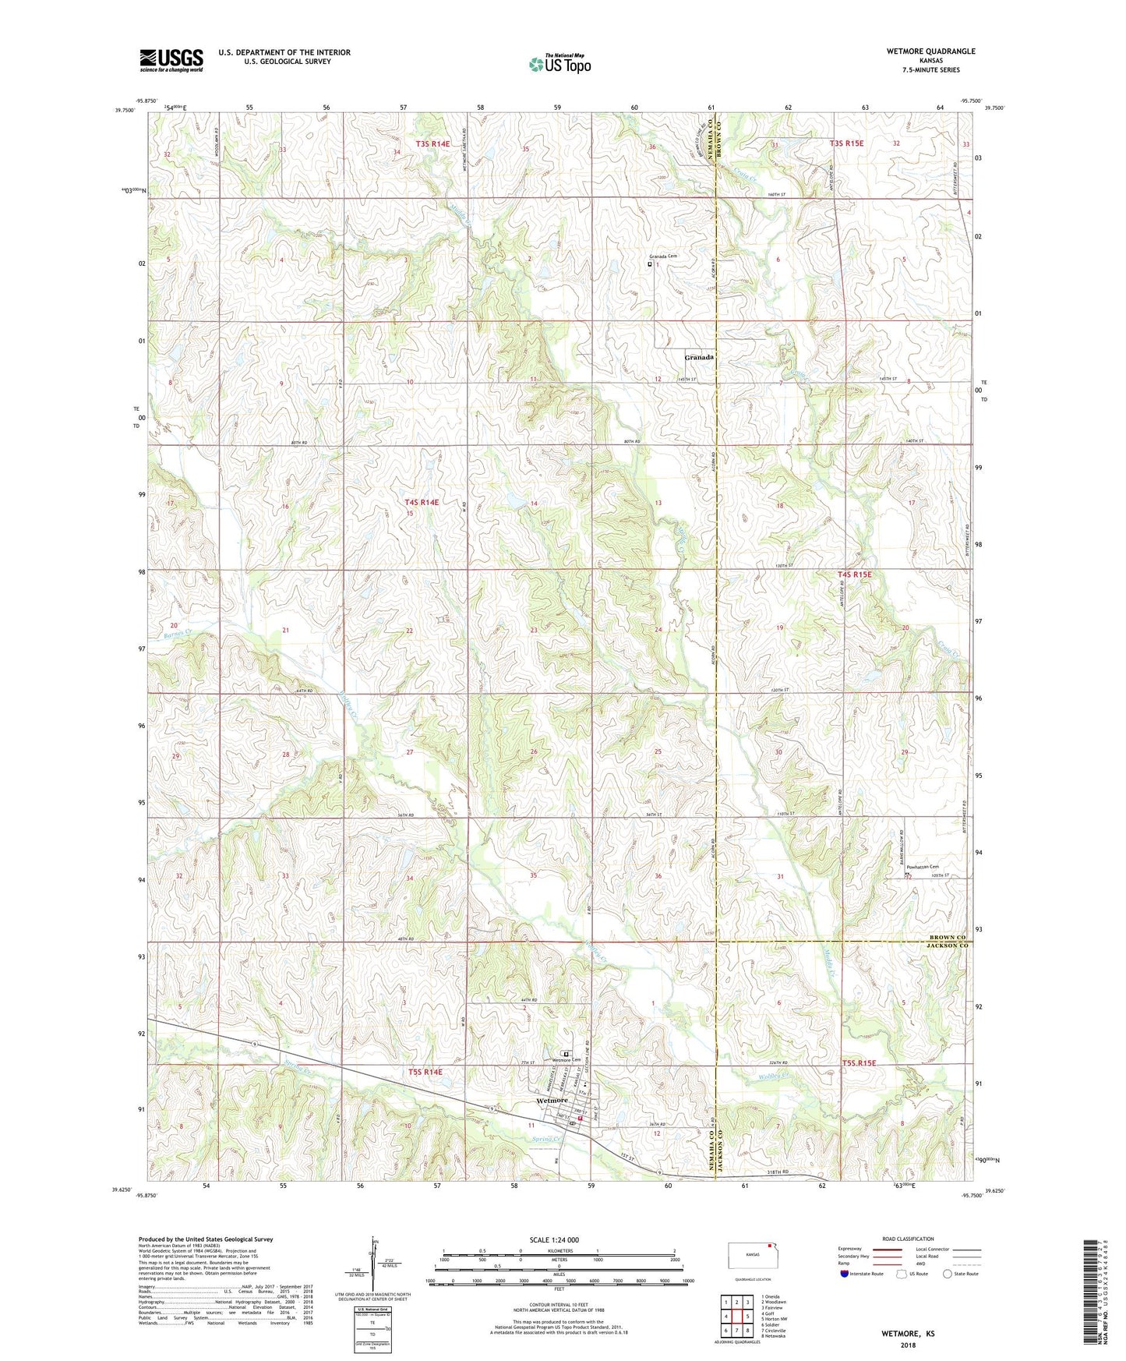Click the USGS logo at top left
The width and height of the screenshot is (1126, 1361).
point(171,59)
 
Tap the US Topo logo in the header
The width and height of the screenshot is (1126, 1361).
point(559,64)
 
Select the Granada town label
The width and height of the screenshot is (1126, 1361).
point(699,357)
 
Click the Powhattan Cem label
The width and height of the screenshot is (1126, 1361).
point(923,867)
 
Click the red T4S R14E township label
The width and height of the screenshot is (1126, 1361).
point(422,503)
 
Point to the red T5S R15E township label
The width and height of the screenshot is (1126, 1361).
point(859,1063)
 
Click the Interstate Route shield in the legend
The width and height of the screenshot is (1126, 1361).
point(845,1274)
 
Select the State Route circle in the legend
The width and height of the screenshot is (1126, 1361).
point(948,1274)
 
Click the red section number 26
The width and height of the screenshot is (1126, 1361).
point(534,752)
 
